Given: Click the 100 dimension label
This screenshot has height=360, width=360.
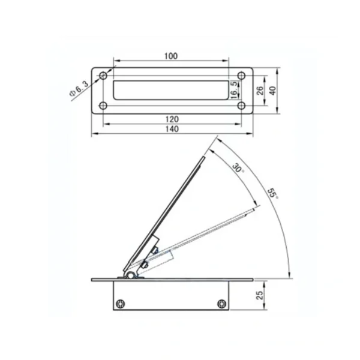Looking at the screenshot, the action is click(171, 56).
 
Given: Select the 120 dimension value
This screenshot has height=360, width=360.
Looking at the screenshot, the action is click(172, 119).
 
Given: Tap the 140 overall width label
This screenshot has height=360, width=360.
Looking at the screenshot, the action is click(172, 129).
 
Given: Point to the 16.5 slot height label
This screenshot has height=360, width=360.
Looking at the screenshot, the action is click(233, 90).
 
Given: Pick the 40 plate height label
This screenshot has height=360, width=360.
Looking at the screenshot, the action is click(272, 91).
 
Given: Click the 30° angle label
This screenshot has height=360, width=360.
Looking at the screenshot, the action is click(238, 168).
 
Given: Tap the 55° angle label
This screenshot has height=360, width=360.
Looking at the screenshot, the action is click(273, 194).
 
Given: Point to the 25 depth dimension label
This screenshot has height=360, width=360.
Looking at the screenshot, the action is click(259, 295).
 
